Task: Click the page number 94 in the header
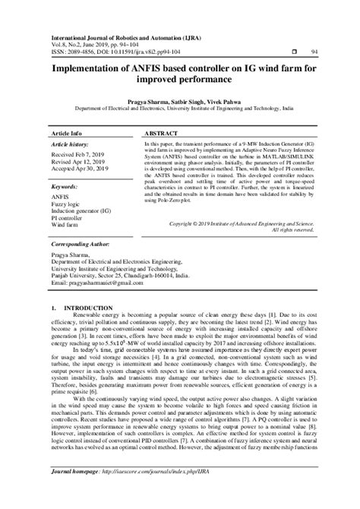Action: pyautogui.click(x=315, y=52)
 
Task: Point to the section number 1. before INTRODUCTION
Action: pyautogui.click(x=53, y=309)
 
